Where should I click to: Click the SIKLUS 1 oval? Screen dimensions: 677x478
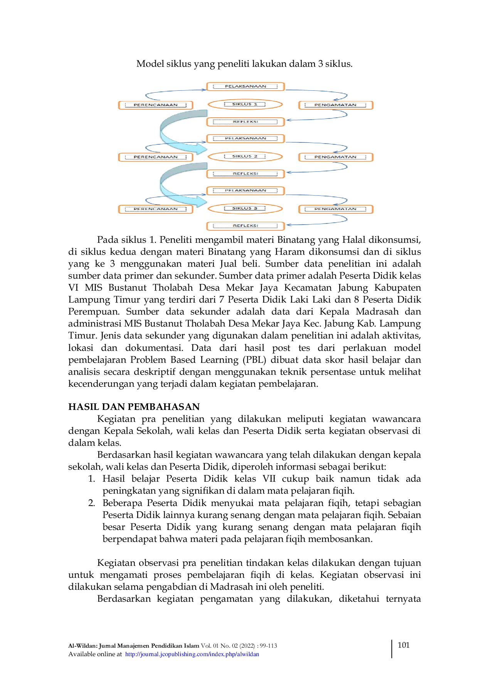point(245,104)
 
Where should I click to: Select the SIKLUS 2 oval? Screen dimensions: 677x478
point(245,156)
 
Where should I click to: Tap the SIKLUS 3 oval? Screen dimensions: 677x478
point(245,209)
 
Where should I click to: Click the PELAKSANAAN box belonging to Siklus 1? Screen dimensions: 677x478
point(246,86)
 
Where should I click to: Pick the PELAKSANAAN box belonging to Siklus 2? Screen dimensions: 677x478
point(246,138)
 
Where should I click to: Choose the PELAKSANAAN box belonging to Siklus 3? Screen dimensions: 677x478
point(246,190)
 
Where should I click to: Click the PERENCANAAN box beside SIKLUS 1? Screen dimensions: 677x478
point(155,105)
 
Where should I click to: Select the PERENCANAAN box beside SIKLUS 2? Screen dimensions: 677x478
point(155,157)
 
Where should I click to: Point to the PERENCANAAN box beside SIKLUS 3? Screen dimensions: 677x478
point(155,209)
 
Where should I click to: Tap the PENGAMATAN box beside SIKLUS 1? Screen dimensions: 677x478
point(337,105)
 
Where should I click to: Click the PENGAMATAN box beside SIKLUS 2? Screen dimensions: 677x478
point(337,157)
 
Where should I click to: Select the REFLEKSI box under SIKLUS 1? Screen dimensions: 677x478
point(246,122)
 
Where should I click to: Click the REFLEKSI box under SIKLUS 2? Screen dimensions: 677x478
point(246,174)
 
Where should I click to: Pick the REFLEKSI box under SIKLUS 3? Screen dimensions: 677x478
point(246,226)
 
